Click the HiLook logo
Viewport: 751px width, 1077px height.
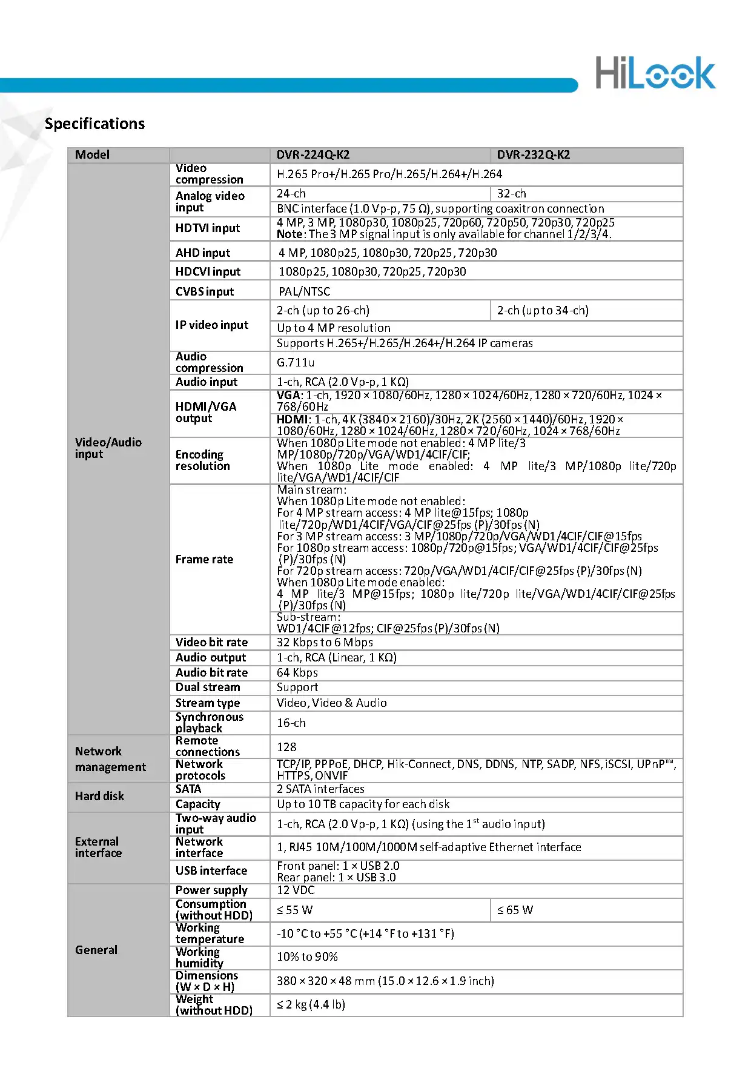[x=655, y=73]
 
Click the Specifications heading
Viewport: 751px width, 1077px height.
[x=94, y=124]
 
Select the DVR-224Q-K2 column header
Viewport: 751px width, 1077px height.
[x=313, y=154]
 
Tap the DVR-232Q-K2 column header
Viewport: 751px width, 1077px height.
[x=533, y=154]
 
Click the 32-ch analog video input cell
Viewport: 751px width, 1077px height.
[x=511, y=194]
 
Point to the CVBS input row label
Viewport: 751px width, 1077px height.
[x=205, y=291]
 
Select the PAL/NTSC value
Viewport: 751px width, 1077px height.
[x=304, y=291]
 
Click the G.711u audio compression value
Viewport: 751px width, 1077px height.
[x=296, y=362]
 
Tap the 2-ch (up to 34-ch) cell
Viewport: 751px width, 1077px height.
[x=542, y=311]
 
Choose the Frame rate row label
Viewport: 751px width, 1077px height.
[x=204, y=559]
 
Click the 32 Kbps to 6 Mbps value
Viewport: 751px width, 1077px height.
[x=325, y=642]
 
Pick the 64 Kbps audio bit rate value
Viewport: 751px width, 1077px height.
[x=297, y=672]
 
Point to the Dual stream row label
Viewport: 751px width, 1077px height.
[x=208, y=688]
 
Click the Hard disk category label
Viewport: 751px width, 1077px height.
[x=99, y=796]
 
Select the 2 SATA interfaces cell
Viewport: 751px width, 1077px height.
[x=320, y=789]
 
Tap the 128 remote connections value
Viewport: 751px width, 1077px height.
[x=286, y=747]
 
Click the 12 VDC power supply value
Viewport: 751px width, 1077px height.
[x=296, y=890]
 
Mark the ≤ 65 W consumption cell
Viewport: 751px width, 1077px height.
[x=515, y=910]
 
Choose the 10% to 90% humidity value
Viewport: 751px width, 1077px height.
[x=307, y=957]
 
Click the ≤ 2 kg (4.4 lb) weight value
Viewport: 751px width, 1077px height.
[x=311, y=1004]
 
